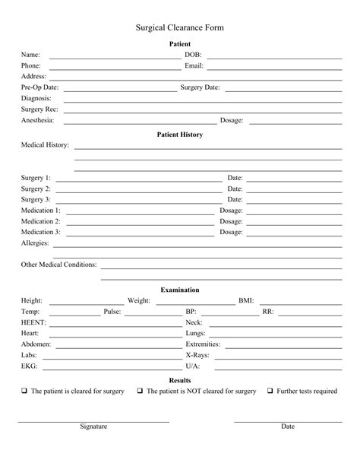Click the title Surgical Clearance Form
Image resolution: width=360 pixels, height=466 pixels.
click(x=180, y=27)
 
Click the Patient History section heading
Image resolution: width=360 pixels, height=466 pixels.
click(x=180, y=135)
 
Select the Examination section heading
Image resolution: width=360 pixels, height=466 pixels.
click(x=180, y=290)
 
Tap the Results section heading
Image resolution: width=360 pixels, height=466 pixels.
click(x=180, y=380)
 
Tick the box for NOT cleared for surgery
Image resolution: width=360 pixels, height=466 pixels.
click(x=141, y=392)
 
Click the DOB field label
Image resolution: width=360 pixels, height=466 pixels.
click(x=193, y=55)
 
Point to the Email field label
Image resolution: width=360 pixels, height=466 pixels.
click(x=194, y=66)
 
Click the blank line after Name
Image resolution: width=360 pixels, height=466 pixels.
click(x=114, y=57)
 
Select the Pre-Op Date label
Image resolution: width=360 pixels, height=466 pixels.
click(x=39, y=87)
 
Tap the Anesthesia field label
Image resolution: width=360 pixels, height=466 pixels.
click(x=38, y=120)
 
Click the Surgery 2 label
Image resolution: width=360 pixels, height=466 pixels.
click(x=36, y=189)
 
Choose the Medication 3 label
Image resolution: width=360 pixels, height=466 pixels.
click(x=41, y=232)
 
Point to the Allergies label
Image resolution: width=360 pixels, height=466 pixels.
click(x=35, y=243)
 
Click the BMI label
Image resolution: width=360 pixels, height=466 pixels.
click(x=246, y=301)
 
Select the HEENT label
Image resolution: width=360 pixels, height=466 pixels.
click(x=33, y=322)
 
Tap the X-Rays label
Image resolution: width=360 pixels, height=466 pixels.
click(x=198, y=355)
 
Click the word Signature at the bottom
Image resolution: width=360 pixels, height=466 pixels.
click(x=93, y=426)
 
